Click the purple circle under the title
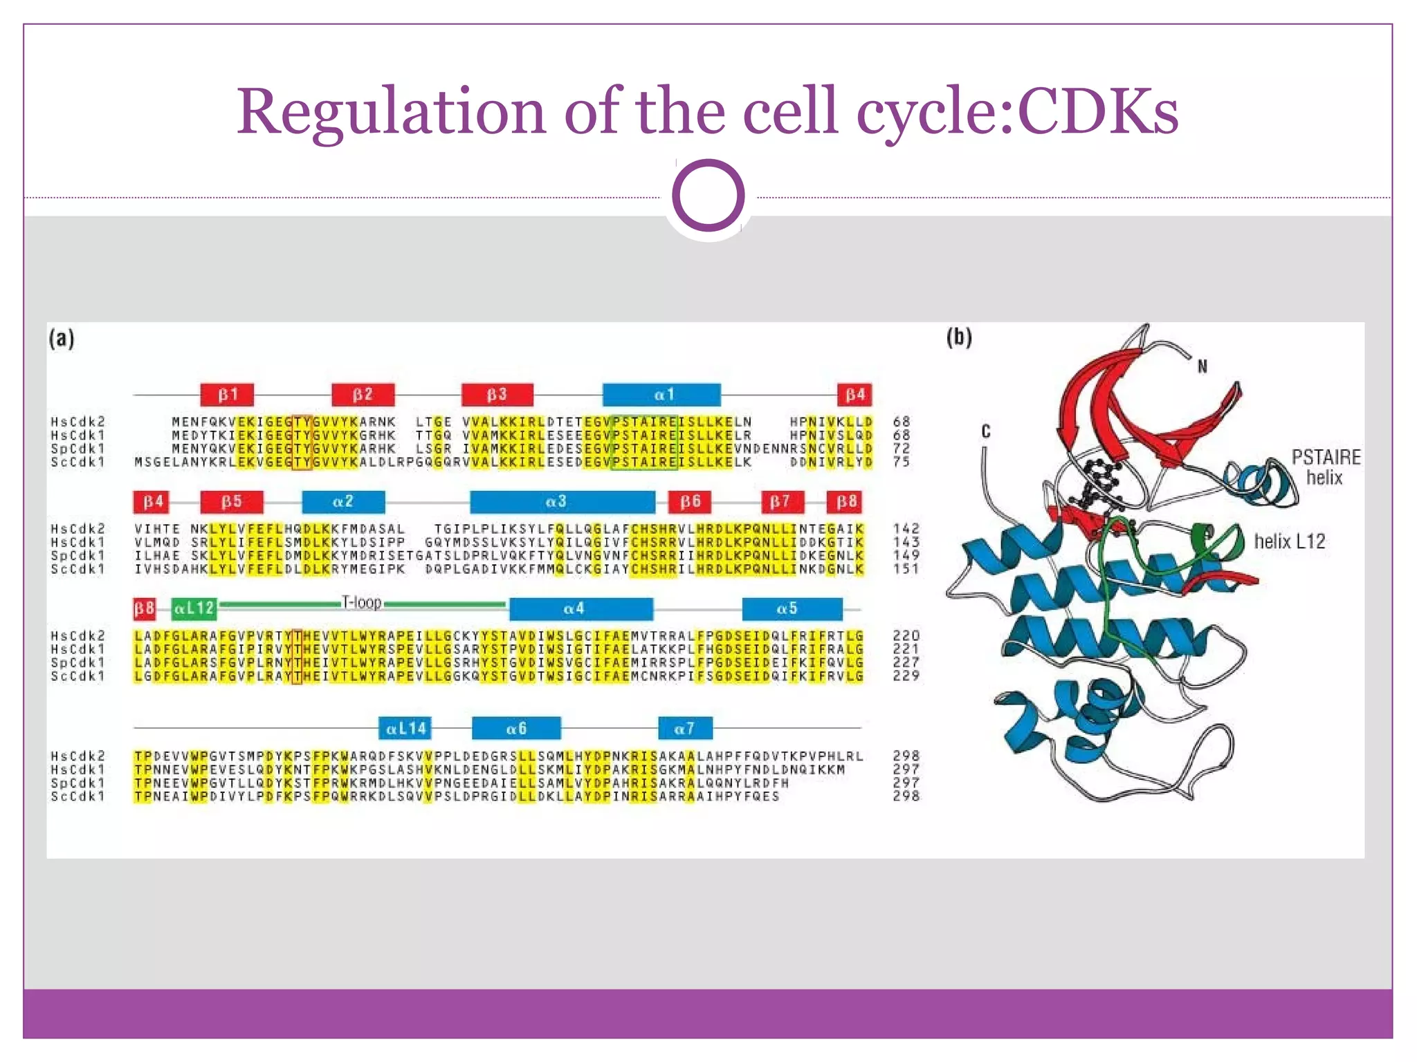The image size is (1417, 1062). pyautogui.click(x=708, y=196)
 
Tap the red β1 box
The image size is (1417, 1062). pyautogui.click(x=227, y=395)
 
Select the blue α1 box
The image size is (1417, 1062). pyautogui.click(x=661, y=395)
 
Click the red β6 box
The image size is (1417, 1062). pyautogui.click(x=690, y=502)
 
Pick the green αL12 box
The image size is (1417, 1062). pyautogui.click(x=194, y=608)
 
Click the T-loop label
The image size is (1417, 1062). pyautogui.click(x=362, y=603)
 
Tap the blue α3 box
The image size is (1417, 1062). pyautogui.click(x=562, y=502)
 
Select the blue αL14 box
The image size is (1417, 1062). pyautogui.click(x=405, y=728)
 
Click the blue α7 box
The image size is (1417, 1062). pyautogui.click(x=684, y=728)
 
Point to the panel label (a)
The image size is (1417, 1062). pyautogui.click(x=62, y=339)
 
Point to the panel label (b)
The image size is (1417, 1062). pyautogui.click(x=959, y=337)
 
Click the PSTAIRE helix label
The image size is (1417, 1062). pyautogui.click(x=1325, y=467)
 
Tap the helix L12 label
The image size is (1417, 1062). pyautogui.click(x=1289, y=541)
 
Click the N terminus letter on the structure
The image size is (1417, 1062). pyautogui.click(x=1203, y=366)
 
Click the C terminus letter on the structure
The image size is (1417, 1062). pyautogui.click(x=986, y=431)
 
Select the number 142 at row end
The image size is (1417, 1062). pyautogui.click(x=906, y=529)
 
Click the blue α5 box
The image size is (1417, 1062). pyautogui.click(x=792, y=608)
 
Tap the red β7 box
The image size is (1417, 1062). pyautogui.click(x=782, y=502)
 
